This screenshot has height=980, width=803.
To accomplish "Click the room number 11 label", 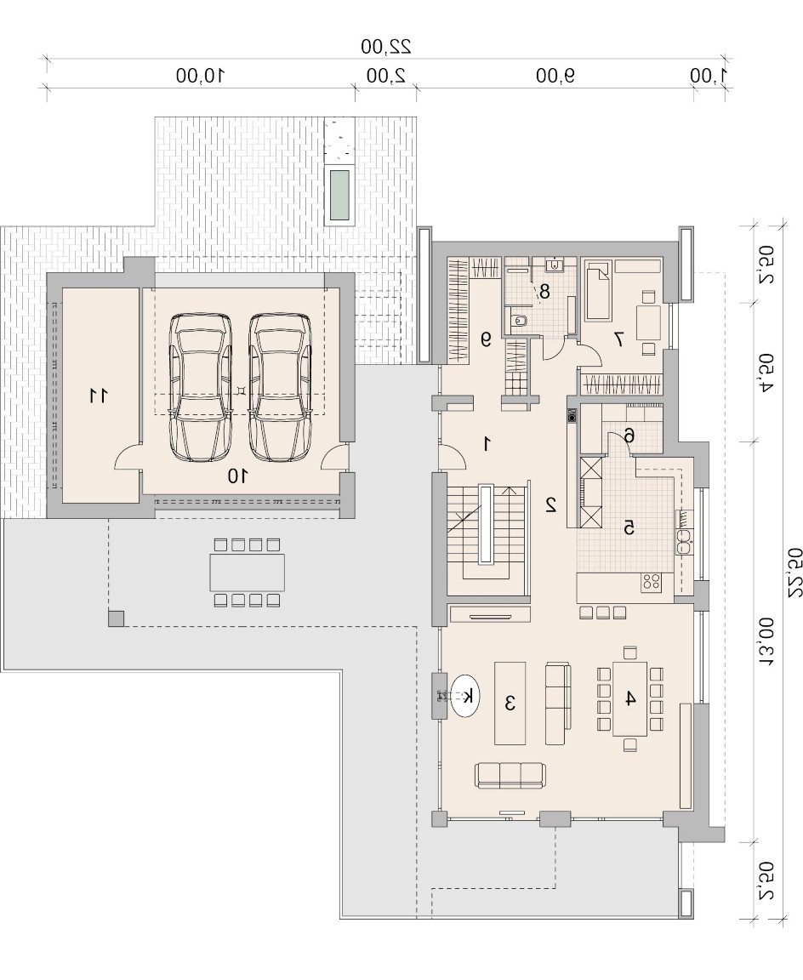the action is coord(98,396).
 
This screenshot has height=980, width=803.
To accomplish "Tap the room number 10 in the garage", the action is coord(237,477).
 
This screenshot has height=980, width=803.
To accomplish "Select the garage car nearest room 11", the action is coord(201,387).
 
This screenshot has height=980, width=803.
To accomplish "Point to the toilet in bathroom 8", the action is coord(518,321).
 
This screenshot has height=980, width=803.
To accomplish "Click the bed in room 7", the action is coord(597,291).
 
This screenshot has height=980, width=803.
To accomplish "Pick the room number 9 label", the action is coord(486,339).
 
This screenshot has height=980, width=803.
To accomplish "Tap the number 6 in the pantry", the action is coord(629,436).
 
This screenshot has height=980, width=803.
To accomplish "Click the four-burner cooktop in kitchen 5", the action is coord(651,582).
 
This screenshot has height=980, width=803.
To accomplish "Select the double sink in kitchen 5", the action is coord(684,542).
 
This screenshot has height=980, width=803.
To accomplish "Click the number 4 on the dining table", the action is coord(630,698).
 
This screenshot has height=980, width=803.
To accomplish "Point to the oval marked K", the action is coord(465,696).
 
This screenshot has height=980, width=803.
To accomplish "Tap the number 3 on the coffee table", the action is coord(510,704).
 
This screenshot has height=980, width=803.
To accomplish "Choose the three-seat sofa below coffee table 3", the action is coord(510,775).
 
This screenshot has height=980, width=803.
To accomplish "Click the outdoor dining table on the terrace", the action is coord(247,573).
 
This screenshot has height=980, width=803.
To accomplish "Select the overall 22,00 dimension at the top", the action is coord(386,46).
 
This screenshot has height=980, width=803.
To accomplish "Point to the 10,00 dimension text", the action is coord(200,76).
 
